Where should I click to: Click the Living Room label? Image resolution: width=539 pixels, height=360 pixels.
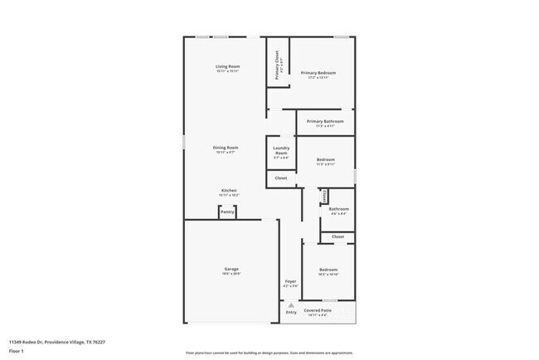coord(227,66)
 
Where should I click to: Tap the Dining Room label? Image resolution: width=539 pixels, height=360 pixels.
coord(227,148)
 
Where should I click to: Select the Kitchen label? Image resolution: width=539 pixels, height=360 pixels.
coord(229,190)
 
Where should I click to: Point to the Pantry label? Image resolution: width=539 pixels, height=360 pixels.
coord(227,212)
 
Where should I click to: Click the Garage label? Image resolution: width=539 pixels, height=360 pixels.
coord(231,269)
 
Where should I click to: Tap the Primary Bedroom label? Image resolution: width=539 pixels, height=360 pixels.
coord(318,73)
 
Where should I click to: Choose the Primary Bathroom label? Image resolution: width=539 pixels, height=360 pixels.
coord(325,122)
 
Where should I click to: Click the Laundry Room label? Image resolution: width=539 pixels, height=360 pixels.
coord(281,151)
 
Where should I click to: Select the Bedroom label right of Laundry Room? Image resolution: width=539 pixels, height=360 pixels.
coord(325,159)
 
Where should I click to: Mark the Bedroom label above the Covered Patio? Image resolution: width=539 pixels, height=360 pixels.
coord(328,269)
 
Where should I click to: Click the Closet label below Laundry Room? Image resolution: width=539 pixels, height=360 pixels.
coord(281,178)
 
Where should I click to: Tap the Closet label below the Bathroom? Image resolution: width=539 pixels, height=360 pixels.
coord(337,237)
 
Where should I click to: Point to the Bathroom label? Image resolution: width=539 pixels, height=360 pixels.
coord(338,209)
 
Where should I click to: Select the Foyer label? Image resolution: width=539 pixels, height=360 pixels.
coord(290,281)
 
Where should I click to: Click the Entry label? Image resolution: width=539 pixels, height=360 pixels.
coord(291,312)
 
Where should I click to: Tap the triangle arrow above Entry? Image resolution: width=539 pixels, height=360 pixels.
coord(291,304)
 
